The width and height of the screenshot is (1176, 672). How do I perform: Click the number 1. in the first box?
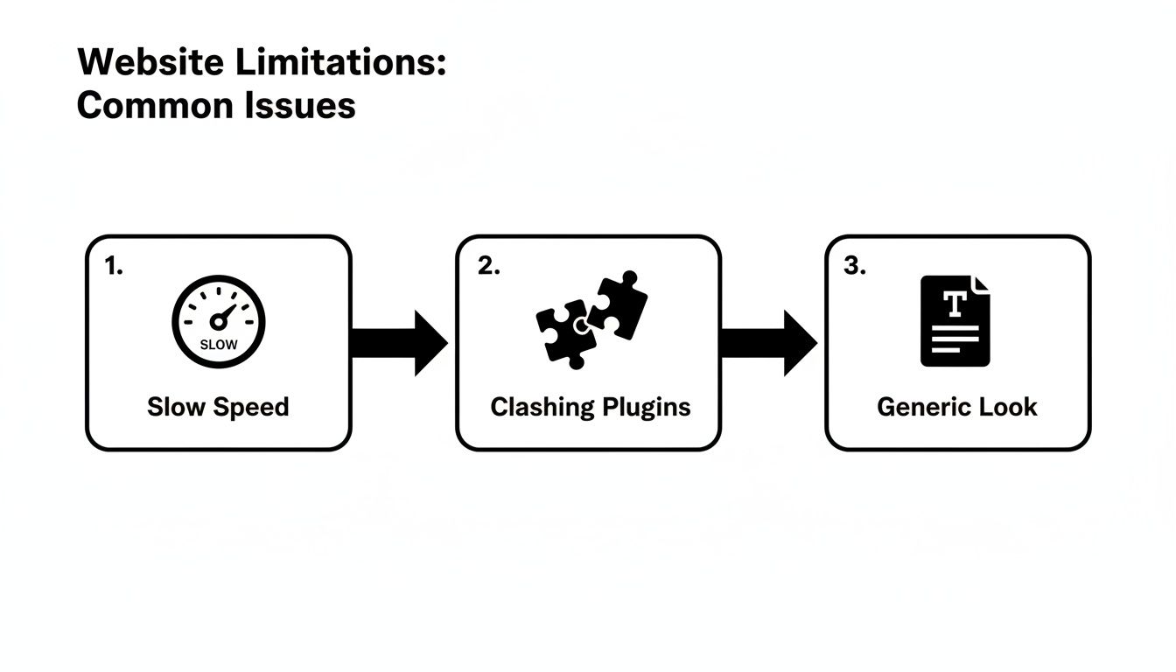coord(114,268)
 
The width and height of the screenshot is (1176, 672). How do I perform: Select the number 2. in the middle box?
coord(488,268)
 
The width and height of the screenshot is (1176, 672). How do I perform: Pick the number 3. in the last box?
coord(854,268)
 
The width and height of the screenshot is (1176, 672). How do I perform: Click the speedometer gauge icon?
coord(219,321)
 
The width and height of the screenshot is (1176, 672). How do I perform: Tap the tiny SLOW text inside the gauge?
coord(219,345)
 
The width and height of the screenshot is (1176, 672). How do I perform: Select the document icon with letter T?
coord(955,320)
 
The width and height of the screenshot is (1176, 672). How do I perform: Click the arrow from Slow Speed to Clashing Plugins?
coord(399,343)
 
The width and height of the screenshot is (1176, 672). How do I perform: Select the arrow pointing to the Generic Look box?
coord(768,343)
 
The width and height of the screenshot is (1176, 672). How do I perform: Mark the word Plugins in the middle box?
coord(648,408)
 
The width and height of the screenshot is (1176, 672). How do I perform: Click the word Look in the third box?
coord(1008,407)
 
